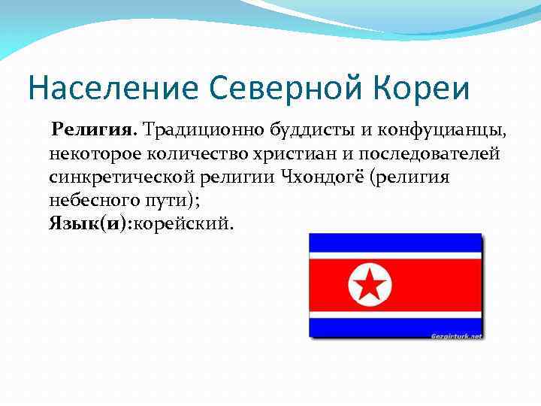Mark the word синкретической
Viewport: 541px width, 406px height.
[x=121, y=177]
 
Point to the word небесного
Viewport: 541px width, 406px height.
[x=88, y=200]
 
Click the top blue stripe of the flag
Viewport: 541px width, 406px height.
[x=395, y=242]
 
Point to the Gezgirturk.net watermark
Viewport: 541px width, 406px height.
[x=457, y=335]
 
